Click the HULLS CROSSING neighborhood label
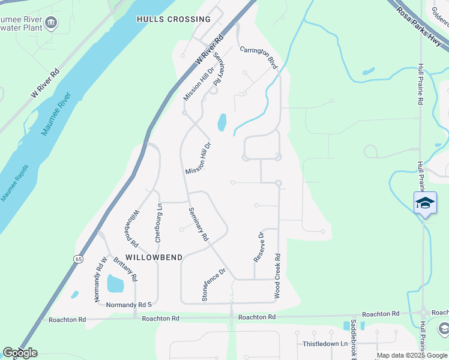point(173,19)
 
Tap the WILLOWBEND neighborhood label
point(154,257)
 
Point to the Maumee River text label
point(56,113)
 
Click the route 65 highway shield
point(79,259)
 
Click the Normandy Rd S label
point(125,305)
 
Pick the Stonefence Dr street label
point(213,284)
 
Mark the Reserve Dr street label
point(259,247)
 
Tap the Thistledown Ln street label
point(325,344)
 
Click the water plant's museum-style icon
point(51,22)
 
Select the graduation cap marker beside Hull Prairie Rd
point(425,203)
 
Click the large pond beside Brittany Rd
point(115,284)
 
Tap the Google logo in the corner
point(19,353)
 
